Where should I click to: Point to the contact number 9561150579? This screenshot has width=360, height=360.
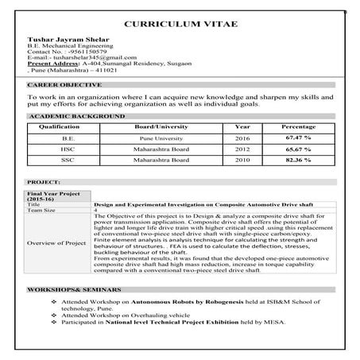tap(74, 52)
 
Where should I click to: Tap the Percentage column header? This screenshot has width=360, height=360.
tap(298, 126)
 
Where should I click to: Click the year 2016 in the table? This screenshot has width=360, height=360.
tap(242, 137)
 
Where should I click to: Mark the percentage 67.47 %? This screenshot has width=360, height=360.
tap(298, 137)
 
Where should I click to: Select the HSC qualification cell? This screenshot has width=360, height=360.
tap(68, 149)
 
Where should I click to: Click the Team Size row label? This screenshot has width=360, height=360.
tap(43, 210)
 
